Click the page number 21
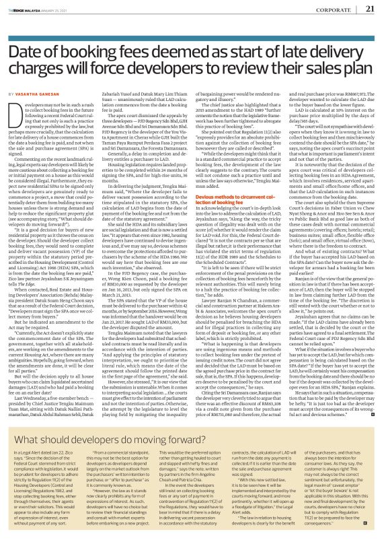[369, 9]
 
